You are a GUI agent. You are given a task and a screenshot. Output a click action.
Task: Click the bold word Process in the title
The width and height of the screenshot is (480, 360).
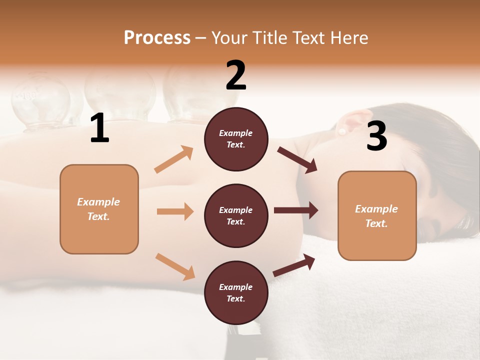pos(157,37)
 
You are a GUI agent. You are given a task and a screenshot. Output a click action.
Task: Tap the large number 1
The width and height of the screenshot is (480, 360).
pos(99,128)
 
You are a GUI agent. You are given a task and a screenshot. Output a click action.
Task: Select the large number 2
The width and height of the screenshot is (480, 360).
pos(236,75)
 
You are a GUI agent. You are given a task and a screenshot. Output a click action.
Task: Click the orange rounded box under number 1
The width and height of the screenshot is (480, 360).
pos(99,209)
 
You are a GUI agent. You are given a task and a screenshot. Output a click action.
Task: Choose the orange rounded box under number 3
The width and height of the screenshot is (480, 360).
pos(377,215)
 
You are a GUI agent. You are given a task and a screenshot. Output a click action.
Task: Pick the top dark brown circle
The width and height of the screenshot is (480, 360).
pos(236,139)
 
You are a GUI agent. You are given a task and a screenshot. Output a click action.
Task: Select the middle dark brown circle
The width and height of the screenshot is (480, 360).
pos(236,215)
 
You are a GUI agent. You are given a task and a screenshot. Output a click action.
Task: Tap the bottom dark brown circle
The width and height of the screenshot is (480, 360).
pos(236,292)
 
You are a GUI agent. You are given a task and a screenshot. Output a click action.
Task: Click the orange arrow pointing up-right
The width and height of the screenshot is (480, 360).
pos(174,159)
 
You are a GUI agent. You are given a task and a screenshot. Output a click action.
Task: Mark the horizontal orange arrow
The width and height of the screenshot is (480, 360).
pos(175,211)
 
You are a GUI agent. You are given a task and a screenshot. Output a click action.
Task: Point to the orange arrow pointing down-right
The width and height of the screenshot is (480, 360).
pos(175,266)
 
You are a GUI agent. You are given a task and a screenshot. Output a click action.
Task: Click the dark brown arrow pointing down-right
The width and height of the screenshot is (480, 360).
pos(297,160)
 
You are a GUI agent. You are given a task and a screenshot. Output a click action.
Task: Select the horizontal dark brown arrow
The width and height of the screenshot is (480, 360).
pos(296,210)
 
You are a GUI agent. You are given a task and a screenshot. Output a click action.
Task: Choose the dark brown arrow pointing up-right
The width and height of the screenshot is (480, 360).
pos(294,265)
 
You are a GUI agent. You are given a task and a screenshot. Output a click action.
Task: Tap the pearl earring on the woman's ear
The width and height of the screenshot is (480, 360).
pos(342,131)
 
